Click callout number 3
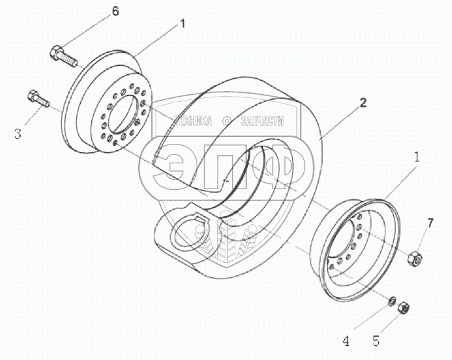pyautogui.click(x=18, y=133)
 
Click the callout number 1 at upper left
pyautogui.click(x=182, y=25)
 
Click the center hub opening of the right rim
pyautogui.click(x=348, y=246)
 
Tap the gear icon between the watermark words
pyautogui.click(x=228, y=121)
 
